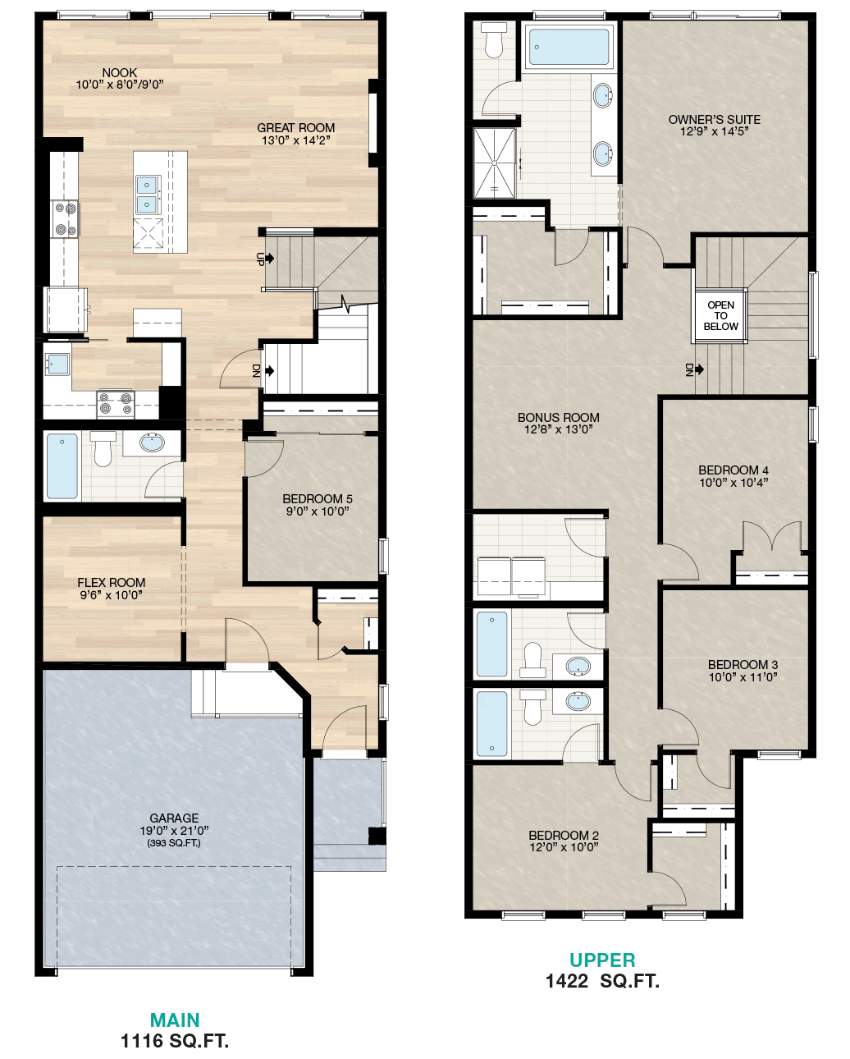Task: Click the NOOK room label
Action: [x=120, y=73]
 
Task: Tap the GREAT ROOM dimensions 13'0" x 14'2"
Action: [x=295, y=140]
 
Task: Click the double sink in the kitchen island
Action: [x=147, y=195]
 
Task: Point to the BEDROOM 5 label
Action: [x=318, y=498]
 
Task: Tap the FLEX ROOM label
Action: [x=111, y=582]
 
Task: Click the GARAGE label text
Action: [x=174, y=818]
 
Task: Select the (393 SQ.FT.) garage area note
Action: [x=174, y=843]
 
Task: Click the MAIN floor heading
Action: [x=175, y=1020]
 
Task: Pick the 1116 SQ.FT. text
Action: [x=175, y=1041]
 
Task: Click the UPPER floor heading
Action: [x=602, y=960]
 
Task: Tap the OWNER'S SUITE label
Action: [x=715, y=120]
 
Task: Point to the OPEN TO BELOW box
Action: [x=720, y=315]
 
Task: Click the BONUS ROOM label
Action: [x=558, y=417]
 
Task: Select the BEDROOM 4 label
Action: [x=733, y=470]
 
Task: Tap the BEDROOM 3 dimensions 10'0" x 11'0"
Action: [x=743, y=677]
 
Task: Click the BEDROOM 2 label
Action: [x=564, y=835]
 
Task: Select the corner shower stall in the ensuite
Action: [x=495, y=163]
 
